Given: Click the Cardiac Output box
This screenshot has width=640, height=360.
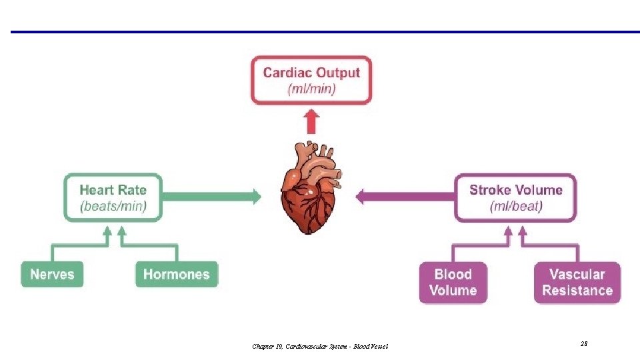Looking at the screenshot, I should pos(311,81).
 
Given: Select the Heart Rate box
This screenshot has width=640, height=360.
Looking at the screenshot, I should pos(113,197).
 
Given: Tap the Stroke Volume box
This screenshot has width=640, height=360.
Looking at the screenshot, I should pos(515,197).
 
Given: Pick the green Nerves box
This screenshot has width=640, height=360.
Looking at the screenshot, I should pos(52,274).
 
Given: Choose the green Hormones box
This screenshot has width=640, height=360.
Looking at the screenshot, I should pos(177,274).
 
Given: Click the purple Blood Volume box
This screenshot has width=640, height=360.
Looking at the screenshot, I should pos(453,282).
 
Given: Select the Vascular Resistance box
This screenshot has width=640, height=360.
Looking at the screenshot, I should pos(577,282).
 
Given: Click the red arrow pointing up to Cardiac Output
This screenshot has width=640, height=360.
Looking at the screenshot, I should pos(311,121).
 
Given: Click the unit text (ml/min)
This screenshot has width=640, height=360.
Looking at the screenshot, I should pos(311,89).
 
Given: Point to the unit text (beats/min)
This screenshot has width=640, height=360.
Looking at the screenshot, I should pos(113,206).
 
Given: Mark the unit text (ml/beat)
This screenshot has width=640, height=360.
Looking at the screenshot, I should pos(516,206).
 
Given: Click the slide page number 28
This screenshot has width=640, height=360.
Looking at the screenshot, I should pos(583,343).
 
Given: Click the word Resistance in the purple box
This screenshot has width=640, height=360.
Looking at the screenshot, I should pos(577,291).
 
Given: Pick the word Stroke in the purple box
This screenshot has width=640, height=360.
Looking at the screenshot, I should pos(489,190).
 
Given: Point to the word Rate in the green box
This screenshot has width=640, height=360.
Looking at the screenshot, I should pos(132,190).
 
